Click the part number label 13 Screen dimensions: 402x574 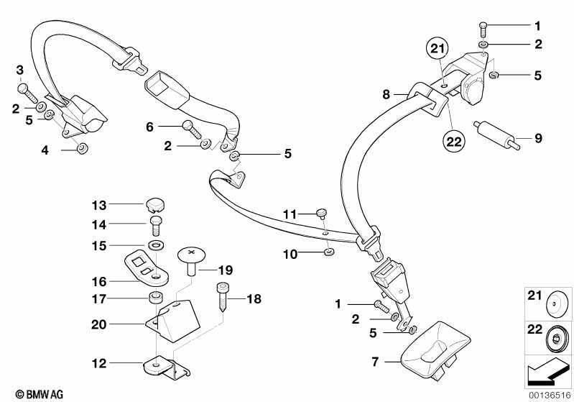[98, 204]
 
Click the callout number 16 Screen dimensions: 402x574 [98, 281]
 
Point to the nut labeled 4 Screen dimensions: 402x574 [82, 149]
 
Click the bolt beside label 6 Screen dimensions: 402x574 [190, 129]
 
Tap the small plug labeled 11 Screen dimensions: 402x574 [322, 212]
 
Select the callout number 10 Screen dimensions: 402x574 [290, 253]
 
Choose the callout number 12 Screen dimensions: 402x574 [98, 362]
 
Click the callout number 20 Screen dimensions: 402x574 [98, 324]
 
